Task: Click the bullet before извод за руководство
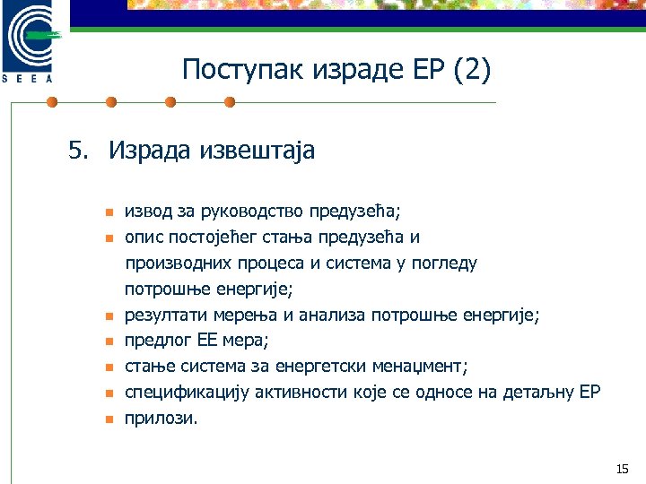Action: point(106,213)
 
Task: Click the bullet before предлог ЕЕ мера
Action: point(106,342)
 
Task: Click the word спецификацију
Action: point(188,393)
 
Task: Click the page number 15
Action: point(623,469)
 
